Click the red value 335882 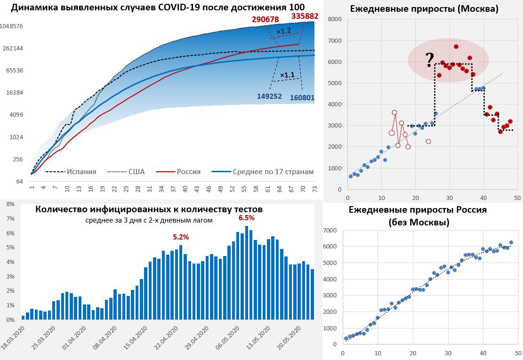pyautogui.click(x=305, y=16)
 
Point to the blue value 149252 pyautogui.click(x=269, y=96)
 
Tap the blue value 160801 pyautogui.click(x=301, y=98)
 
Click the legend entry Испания pyautogui.click(x=81, y=172)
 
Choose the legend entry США pyautogui.click(x=137, y=172)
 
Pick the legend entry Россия pyautogui.click(x=188, y=172)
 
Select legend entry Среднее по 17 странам pyautogui.click(x=273, y=172)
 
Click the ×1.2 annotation pyautogui.click(x=283, y=32)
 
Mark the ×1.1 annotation pyautogui.click(x=287, y=75)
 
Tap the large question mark pyautogui.click(x=429, y=60)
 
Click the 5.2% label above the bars pyautogui.click(x=180, y=237)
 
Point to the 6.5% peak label pyautogui.click(x=247, y=218)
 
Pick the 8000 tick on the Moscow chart pyautogui.click(x=334, y=19)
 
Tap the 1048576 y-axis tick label pyautogui.click(x=12, y=26)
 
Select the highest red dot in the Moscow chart pyautogui.click(x=456, y=47)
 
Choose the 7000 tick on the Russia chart pyautogui.click(x=331, y=230)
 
